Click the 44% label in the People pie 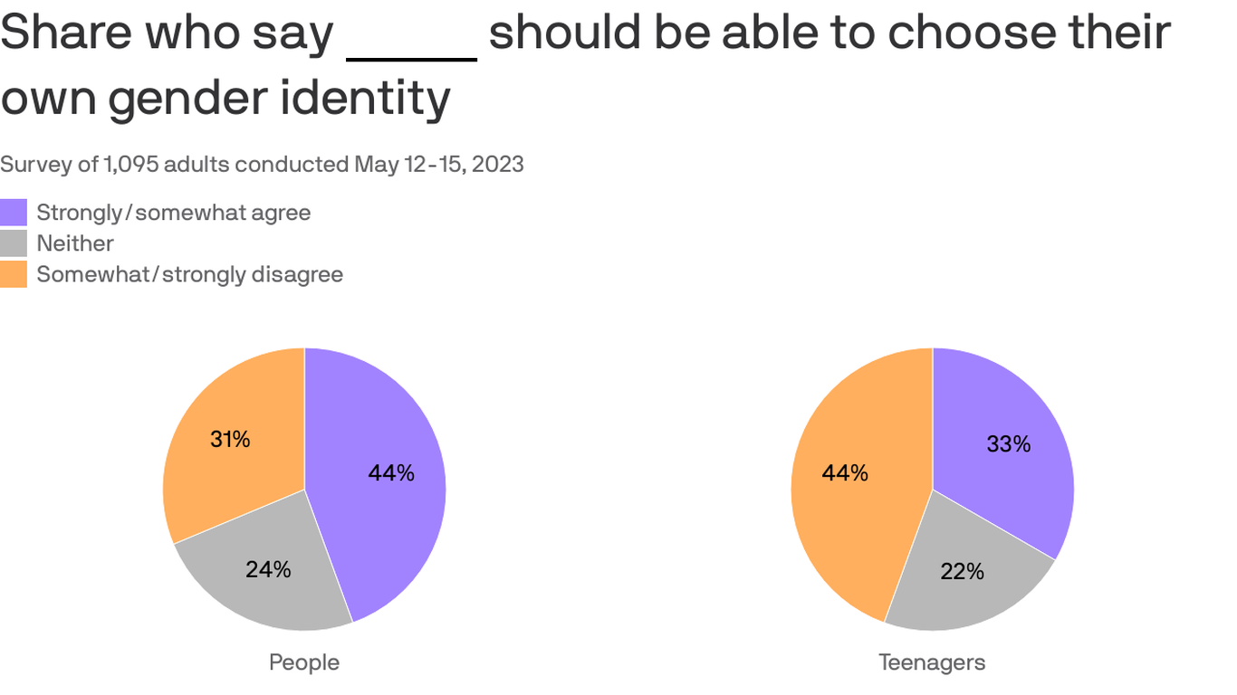(391, 472)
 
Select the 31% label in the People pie (230, 440)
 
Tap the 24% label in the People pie (268, 569)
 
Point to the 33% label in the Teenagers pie (1009, 444)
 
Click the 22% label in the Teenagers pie (962, 571)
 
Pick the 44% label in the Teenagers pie (845, 472)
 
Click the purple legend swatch (14, 213)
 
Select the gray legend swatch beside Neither (14, 243)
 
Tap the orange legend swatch (14, 274)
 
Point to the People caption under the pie (304, 662)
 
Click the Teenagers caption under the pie (932, 662)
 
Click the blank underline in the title (412, 56)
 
